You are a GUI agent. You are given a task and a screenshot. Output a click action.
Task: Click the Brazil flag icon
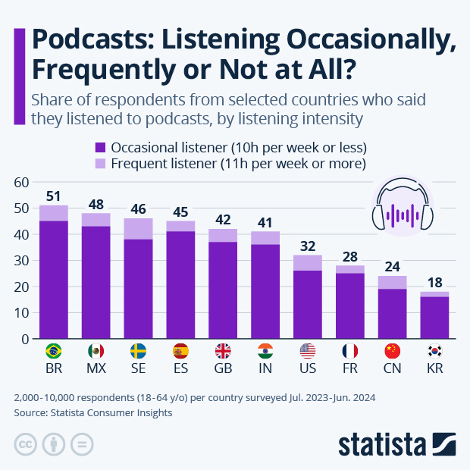(54, 351)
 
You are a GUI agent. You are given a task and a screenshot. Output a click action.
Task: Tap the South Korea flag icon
(434, 351)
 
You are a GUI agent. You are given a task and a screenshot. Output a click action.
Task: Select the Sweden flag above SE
(139, 351)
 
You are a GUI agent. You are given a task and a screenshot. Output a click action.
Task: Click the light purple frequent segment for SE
(139, 229)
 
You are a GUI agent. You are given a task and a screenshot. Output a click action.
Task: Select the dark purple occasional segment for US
(308, 305)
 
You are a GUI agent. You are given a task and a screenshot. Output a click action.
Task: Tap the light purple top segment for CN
(393, 282)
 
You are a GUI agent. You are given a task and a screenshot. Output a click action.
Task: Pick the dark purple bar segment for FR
(350, 306)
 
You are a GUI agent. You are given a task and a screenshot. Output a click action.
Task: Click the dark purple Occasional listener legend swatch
(100, 147)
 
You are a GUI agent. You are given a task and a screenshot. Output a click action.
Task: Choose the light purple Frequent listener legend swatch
(100, 164)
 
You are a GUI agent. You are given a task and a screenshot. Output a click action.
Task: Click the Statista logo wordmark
(384, 443)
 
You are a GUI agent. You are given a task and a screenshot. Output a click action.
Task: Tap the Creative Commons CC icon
(25, 444)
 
